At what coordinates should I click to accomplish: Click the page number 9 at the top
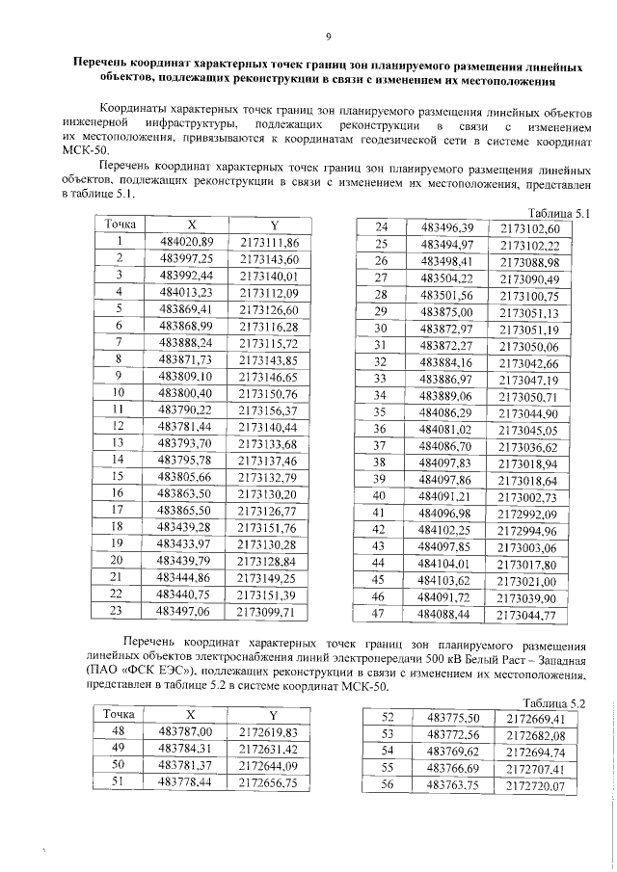tap(328, 38)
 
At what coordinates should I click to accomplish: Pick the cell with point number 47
tap(380, 613)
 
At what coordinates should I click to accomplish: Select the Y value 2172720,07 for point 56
tap(531, 785)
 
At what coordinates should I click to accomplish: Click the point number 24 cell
tap(380, 227)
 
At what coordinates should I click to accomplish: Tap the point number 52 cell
tap(389, 718)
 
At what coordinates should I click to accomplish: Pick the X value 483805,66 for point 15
tap(191, 476)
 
